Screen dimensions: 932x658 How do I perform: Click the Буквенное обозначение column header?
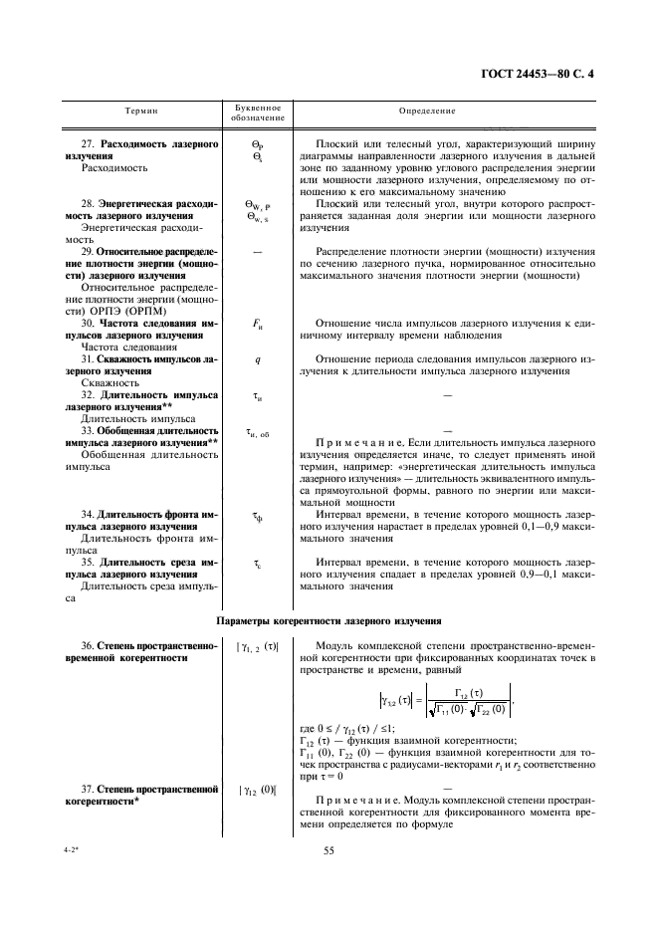pos(257,112)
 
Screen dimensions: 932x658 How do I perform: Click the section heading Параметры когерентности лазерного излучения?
pos(329,620)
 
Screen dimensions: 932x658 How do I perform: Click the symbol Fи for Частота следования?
pos(257,325)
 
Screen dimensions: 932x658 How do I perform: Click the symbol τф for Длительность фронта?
pos(257,515)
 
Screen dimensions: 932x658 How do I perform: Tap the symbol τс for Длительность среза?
pos(257,564)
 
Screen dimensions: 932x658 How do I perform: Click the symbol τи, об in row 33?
pos(257,431)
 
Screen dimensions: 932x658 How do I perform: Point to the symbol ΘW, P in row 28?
pos(257,204)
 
